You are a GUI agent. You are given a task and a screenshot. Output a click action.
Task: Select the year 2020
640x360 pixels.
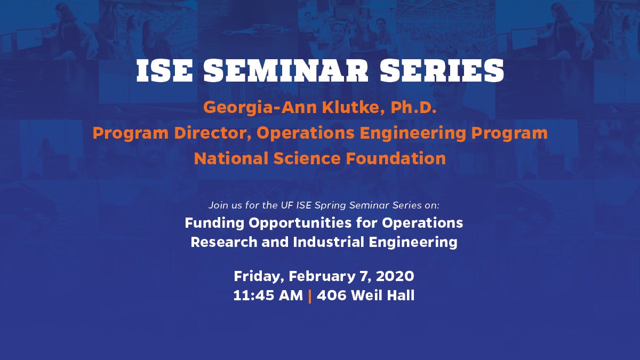(396, 276)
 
